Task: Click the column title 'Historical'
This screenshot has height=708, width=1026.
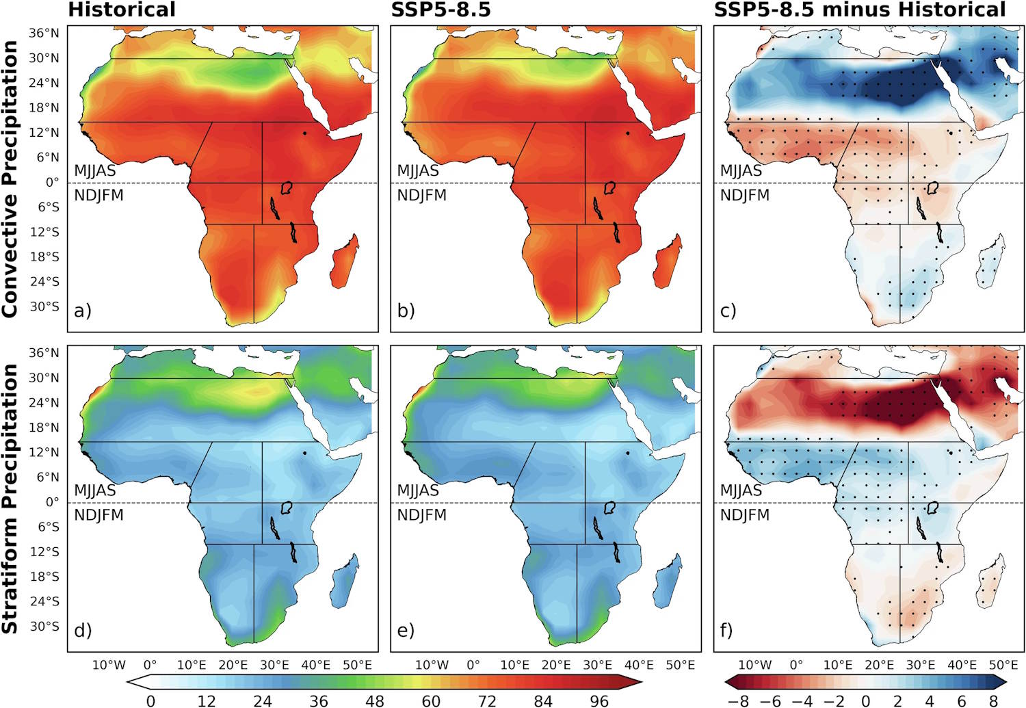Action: [122, 10]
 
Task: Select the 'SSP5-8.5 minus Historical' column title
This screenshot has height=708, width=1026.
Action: [860, 10]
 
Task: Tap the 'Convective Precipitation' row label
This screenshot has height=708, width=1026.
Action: [10, 179]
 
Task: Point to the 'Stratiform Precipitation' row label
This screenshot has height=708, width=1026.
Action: [10, 498]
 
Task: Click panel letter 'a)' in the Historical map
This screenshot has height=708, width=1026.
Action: [82, 311]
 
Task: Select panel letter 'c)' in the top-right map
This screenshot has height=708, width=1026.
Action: [728, 311]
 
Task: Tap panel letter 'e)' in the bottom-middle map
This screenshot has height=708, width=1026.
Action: [406, 630]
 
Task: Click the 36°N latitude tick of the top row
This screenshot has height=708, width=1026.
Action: [44, 33]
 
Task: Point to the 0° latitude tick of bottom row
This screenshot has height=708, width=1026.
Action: [52, 502]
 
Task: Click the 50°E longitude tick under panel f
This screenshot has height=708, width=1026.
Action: [1003, 665]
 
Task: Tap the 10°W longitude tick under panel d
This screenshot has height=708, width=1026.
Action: [109, 665]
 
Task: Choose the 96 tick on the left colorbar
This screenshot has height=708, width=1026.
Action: [599, 700]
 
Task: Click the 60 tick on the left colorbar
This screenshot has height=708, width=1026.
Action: [431, 700]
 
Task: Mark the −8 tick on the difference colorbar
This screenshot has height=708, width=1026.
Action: [738, 700]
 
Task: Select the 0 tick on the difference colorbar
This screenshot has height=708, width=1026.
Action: [866, 700]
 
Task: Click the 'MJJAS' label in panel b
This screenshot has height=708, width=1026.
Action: [418, 171]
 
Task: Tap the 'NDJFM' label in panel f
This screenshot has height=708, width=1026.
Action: [744, 515]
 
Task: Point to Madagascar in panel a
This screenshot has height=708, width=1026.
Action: [344, 262]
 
